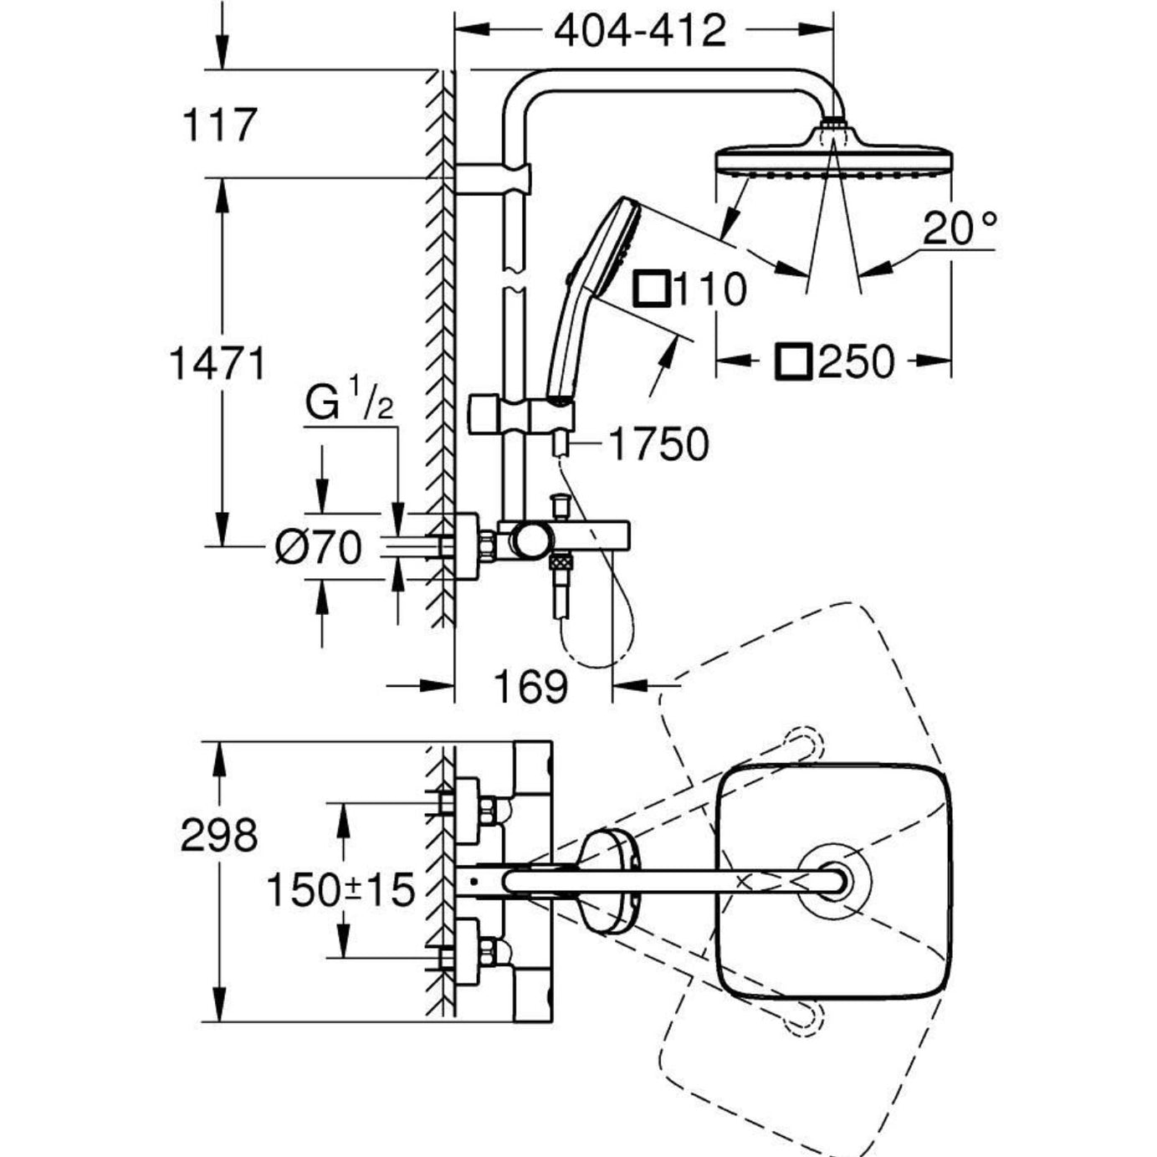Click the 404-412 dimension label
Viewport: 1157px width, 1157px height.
pyautogui.click(x=640, y=31)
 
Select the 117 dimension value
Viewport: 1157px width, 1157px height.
pyautogui.click(x=218, y=125)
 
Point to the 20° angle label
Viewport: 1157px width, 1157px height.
pyautogui.click(x=960, y=228)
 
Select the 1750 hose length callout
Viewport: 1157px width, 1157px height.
pyautogui.click(x=658, y=444)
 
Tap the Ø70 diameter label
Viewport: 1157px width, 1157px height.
pyautogui.click(x=319, y=548)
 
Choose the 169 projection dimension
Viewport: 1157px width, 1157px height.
pyautogui.click(x=530, y=687)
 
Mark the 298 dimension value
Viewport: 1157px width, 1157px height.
pyautogui.click(x=219, y=835)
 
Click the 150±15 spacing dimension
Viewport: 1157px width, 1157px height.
pyautogui.click(x=340, y=890)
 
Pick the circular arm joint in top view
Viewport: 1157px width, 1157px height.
pyautogui.click(x=833, y=881)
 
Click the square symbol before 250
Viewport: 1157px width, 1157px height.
pyautogui.click(x=792, y=361)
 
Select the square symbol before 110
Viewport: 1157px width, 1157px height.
pyautogui.click(x=650, y=289)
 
